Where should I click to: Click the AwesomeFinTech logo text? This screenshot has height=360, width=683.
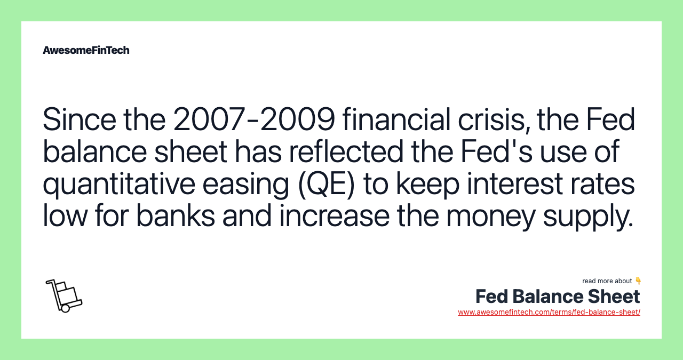tap(86, 50)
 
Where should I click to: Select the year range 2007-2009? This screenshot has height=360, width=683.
tap(254, 119)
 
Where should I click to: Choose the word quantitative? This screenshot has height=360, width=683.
tap(119, 184)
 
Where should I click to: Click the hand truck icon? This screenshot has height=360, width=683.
tap(63, 295)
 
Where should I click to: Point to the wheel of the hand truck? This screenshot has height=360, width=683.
tap(66, 308)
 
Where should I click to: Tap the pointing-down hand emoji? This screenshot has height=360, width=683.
tap(638, 281)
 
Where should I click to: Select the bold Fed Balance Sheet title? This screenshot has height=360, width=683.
tap(558, 297)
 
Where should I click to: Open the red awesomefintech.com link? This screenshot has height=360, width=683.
tap(549, 312)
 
